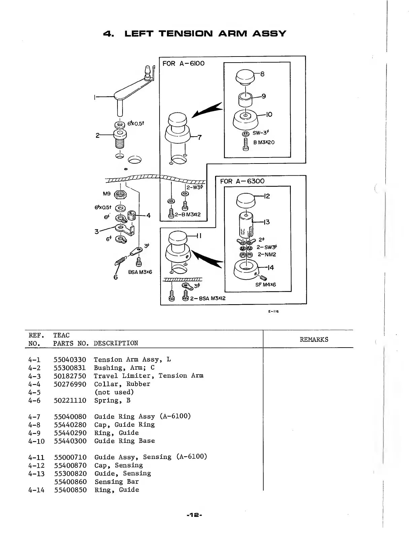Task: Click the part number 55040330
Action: click(x=70, y=360)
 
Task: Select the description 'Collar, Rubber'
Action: click(x=122, y=384)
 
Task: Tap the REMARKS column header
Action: click(x=314, y=340)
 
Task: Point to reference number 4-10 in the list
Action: click(x=36, y=441)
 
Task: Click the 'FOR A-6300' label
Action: click(x=242, y=181)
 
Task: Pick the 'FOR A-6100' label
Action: click(x=183, y=64)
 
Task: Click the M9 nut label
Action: click(x=107, y=194)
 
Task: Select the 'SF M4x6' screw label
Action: click(x=265, y=285)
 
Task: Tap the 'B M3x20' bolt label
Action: click(x=264, y=142)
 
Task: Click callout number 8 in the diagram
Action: click(x=263, y=74)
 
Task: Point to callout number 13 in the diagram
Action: click(x=267, y=222)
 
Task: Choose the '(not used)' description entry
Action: click(x=114, y=392)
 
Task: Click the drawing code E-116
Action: click(x=273, y=311)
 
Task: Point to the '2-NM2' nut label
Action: click(x=267, y=254)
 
